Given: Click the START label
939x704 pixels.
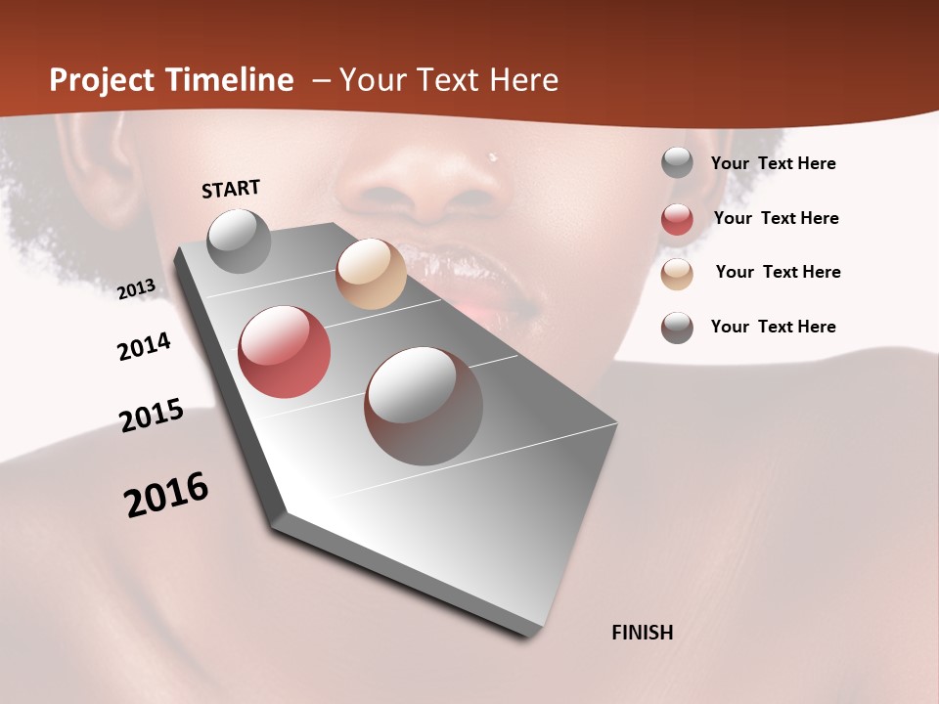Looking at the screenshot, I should tap(231, 189).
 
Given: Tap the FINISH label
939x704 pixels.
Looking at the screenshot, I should tap(642, 633).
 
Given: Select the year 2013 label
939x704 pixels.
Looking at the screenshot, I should tap(136, 289).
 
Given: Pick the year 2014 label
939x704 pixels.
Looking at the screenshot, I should tap(144, 347).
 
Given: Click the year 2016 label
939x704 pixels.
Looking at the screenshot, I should tap(166, 495).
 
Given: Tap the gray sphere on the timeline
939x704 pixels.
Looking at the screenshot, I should tap(239, 241).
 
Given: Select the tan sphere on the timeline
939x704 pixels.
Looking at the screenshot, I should tap(371, 274).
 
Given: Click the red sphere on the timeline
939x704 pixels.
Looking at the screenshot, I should tap(284, 352).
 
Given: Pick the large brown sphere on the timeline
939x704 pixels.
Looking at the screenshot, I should tap(424, 406).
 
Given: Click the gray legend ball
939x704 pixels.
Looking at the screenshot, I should tap(677, 163).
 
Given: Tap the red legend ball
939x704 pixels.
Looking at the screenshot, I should tap(677, 219).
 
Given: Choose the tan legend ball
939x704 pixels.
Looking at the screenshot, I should tap(677, 274).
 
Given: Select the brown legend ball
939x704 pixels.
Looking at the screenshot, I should tap(677, 328).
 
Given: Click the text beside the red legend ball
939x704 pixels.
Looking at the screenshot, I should tap(776, 218).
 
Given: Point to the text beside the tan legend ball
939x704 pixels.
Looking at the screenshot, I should tap(778, 272).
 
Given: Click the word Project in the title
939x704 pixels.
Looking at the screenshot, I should tap(102, 80).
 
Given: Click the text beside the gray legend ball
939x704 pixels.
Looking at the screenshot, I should tap(773, 163).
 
